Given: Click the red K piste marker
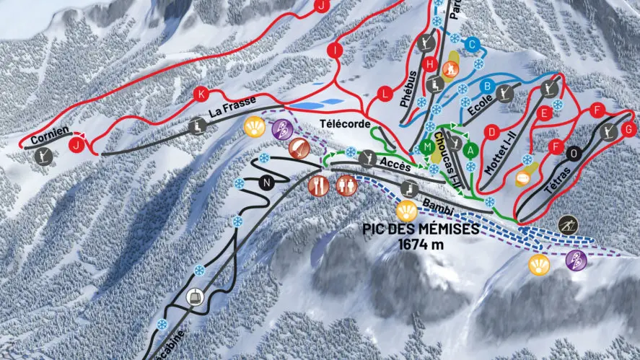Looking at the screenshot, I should tap(201, 93).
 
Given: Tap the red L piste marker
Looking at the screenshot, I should tap(387, 94).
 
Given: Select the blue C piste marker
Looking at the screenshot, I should tap(472, 45).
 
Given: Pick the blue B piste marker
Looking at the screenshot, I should tap(487, 86).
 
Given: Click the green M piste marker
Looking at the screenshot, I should tap(428, 147).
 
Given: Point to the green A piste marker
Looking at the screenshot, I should tap(471, 150).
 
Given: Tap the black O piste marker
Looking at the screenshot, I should tap(574, 153).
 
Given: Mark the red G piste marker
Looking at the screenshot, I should tap(628, 130).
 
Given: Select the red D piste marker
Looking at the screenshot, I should tap(492, 131).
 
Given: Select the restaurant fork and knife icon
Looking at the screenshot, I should tap(318, 185).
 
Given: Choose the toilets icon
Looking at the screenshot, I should tap(346, 185).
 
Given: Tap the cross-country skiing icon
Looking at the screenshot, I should tap(568, 225).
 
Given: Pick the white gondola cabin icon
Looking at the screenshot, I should tap(195, 296).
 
